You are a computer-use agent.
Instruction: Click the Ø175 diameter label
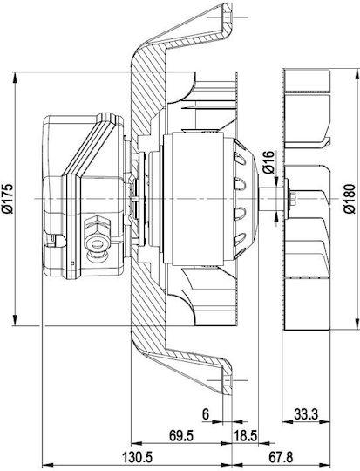point(8,199)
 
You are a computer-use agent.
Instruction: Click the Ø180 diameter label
point(350,199)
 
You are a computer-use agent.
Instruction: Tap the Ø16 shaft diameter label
point(268,162)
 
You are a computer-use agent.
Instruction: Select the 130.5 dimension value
point(137,458)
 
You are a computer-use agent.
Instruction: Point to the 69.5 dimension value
point(181,435)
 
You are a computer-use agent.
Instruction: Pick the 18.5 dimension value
point(245,436)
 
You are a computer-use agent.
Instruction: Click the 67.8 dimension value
point(281,458)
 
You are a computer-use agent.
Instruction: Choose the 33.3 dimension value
point(306,415)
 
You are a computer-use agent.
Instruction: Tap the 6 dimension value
point(206,414)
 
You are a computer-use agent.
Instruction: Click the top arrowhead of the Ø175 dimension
point(15,78)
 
